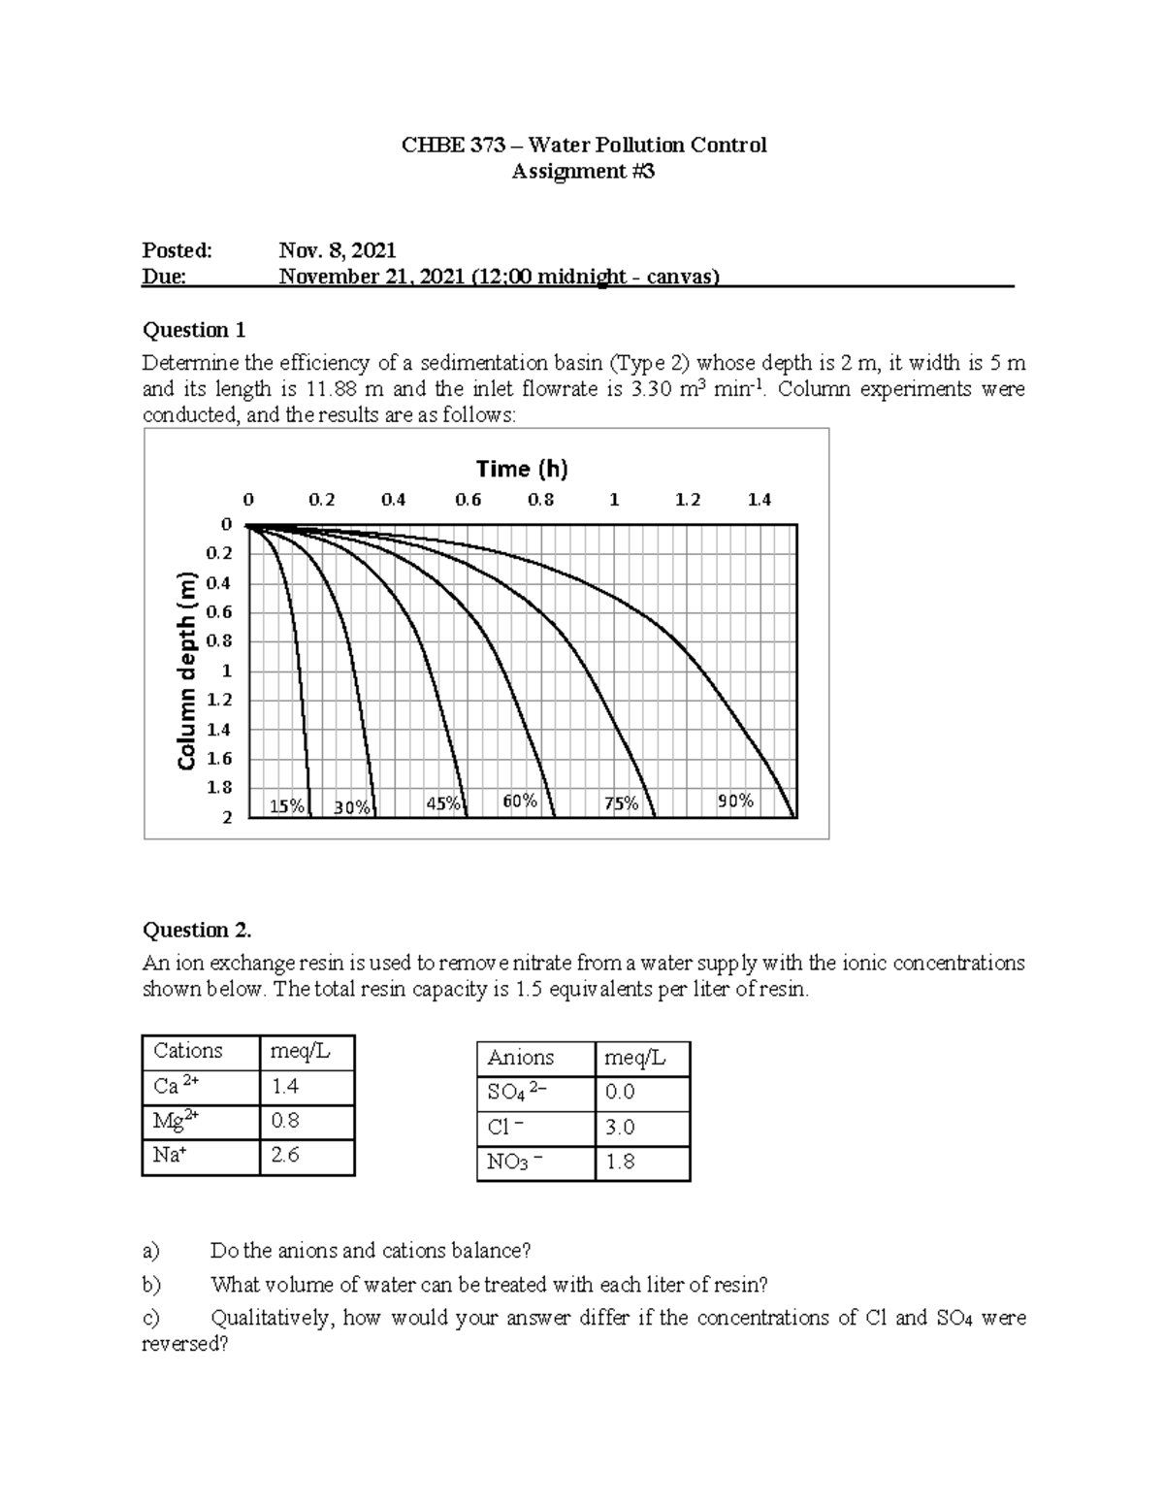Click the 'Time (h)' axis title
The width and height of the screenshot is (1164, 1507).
(521, 470)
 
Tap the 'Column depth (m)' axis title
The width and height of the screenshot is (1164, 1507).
(187, 672)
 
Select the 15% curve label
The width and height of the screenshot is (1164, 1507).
(286, 806)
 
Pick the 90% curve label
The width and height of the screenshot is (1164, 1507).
(735, 801)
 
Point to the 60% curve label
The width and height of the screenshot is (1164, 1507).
(520, 801)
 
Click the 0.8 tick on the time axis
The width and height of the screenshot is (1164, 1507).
(540, 500)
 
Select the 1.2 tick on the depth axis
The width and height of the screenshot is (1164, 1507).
(219, 700)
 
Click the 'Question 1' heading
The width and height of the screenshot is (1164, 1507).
(194, 330)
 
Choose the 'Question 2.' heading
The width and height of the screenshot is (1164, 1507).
(197, 930)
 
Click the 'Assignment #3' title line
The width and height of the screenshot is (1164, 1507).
(583, 172)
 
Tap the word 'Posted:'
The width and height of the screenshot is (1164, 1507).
(177, 250)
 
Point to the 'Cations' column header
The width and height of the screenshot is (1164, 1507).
(188, 1051)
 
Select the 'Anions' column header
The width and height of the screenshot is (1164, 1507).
(521, 1058)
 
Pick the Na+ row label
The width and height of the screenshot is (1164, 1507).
(169, 1155)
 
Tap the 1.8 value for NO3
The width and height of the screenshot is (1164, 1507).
(620, 1162)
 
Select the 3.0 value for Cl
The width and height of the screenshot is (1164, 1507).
(620, 1127)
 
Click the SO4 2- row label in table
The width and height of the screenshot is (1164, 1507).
(517, 1092)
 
